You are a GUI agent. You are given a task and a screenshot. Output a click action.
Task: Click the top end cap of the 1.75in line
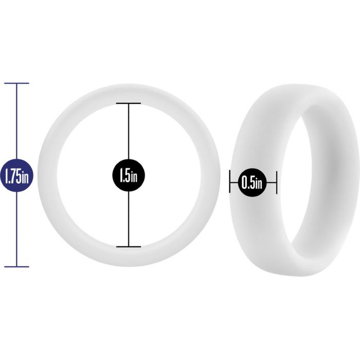[16, 83]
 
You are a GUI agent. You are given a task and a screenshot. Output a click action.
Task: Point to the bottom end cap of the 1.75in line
[16, 266]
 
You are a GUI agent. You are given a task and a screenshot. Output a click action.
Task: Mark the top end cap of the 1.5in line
[129, 104]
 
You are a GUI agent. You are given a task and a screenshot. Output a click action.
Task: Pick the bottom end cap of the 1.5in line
[129, 246]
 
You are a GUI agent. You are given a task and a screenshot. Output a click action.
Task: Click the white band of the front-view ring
[49, 175]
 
